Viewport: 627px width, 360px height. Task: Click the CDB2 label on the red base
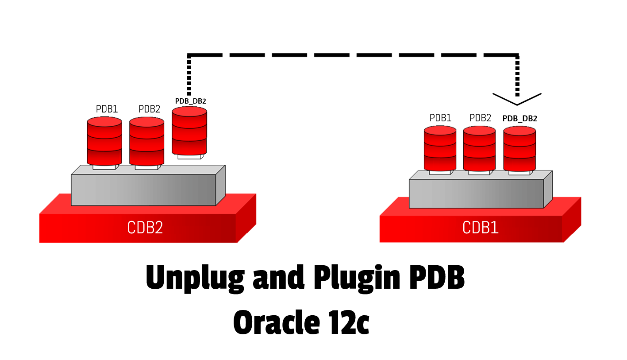145,227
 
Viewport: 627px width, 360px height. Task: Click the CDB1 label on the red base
481,228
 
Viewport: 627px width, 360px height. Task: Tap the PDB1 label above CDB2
107,109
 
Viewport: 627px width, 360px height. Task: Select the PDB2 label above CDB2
149,109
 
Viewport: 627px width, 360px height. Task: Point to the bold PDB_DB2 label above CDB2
191,101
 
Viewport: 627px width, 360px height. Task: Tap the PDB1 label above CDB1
440,118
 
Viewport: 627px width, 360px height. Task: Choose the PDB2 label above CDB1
481,118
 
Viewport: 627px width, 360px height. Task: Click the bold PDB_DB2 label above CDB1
520,119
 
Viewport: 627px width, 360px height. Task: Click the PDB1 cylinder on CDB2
104,141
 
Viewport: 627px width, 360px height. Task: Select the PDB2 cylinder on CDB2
146,141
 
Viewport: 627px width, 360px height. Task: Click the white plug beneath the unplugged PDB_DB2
190,156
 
